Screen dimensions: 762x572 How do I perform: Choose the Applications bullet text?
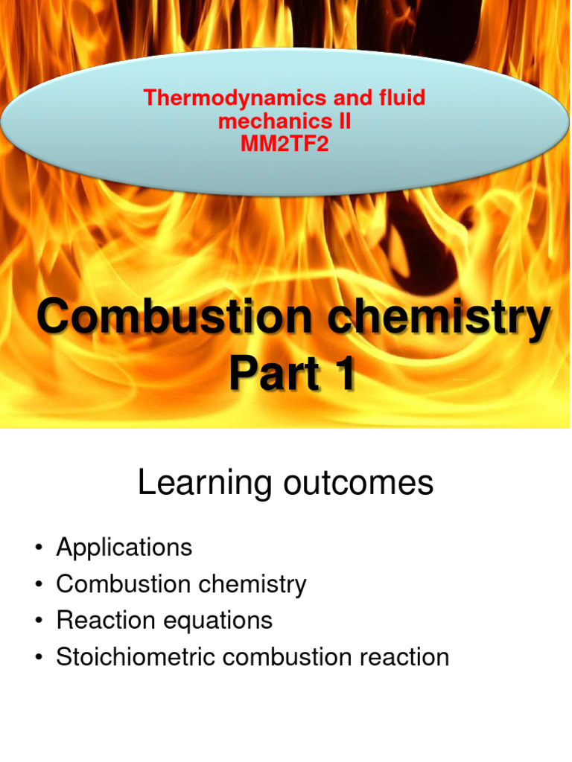tap(124, 548)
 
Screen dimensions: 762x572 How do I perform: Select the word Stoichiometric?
tap(132, 657)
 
